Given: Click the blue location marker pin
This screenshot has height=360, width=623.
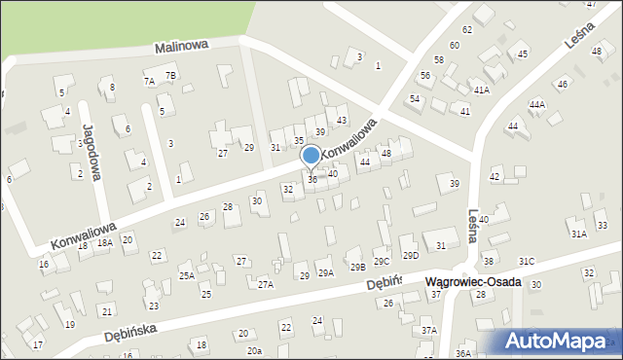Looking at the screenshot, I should [311, 156].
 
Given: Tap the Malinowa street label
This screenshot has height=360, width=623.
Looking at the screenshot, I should [182, 47].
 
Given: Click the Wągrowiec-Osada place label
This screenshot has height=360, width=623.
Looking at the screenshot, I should [473, 282].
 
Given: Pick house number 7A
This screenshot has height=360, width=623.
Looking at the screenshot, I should [149, 82].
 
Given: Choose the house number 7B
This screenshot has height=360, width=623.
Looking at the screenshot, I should [170, 75].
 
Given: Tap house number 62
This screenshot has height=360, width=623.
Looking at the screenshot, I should [467, 30].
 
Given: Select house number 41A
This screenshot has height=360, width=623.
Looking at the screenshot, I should [481, 90].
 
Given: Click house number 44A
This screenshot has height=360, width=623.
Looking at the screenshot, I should [537, 104].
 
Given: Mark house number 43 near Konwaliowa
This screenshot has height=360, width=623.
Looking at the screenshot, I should [342, 120].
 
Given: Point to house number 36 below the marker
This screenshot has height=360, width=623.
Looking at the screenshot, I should [312, 180].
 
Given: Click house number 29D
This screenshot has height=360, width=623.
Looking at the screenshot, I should [411, 256].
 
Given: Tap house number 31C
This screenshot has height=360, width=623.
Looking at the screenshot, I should [527, 261].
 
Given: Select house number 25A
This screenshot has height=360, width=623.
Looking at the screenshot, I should [186, 276].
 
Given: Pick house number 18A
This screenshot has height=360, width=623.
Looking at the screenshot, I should [104, 242].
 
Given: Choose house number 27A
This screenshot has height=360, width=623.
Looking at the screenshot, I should [265, 284].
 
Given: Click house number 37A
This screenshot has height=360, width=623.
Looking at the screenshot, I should [429, 331].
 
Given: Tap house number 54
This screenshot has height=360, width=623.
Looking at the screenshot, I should [415, 99].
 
